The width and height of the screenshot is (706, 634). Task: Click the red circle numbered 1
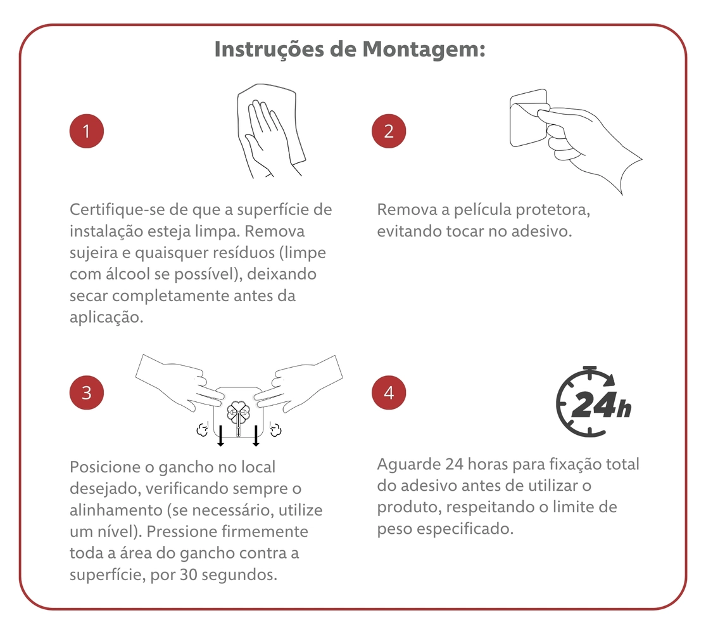[x=87, y=131]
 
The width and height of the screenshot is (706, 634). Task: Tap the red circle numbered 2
[x=389, y=131]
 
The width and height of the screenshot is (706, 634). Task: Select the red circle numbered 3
[x=87, y=392]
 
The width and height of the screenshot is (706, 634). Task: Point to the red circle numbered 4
[x=389, y=392]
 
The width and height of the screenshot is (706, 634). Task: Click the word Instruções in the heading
[x=269, y=49]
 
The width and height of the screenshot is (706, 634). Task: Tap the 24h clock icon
[x=593, y=401]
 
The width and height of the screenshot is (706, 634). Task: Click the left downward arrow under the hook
[x=220, y=436]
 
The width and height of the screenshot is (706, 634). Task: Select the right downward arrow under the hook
[x=256, y=436]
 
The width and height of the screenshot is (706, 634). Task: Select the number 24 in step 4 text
[x=454, y=464]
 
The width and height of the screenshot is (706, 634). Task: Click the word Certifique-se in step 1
[x=117, y=210]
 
